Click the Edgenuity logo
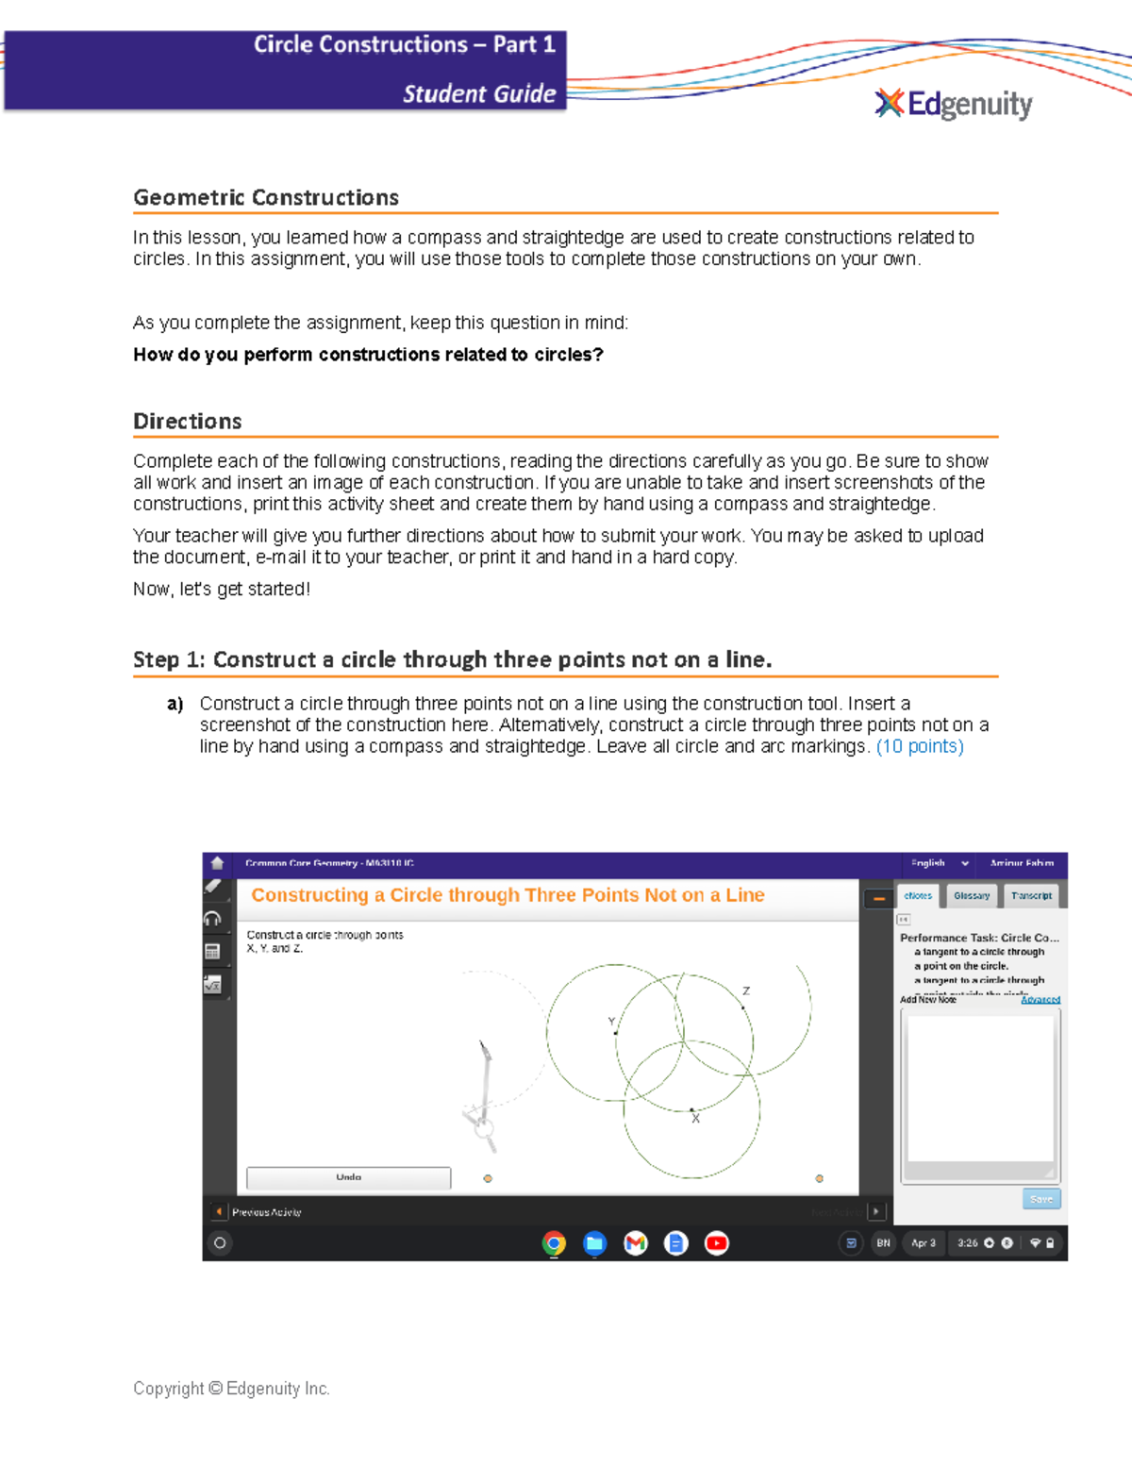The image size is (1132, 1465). [954, 104]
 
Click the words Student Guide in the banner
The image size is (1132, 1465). [479, 94]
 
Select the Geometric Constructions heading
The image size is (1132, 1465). [266, 198]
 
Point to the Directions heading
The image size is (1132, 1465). [188, 422]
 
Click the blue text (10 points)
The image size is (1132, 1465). [920, 747]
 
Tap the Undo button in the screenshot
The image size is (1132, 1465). [348, 1177]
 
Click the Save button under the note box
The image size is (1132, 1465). [1041, 1199]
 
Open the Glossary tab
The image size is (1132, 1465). [972, 896]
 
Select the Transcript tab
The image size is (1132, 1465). [1031, 896]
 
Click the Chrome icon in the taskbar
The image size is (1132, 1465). [554, 1243]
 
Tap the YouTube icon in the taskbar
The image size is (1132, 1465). [717, 1243]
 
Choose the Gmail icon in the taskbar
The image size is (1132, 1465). [636, 1243]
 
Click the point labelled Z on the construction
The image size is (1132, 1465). [742, 1007]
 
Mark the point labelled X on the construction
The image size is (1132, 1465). [691, 1110]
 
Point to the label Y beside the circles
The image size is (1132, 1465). [611, 1022]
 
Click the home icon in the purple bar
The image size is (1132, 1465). [217, 863]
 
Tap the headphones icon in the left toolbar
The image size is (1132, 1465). [213, 919]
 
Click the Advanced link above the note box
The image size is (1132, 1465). [1040, 1000]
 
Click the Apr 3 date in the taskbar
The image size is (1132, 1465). [924, 1243]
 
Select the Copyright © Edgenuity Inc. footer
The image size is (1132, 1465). [231, 1389]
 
